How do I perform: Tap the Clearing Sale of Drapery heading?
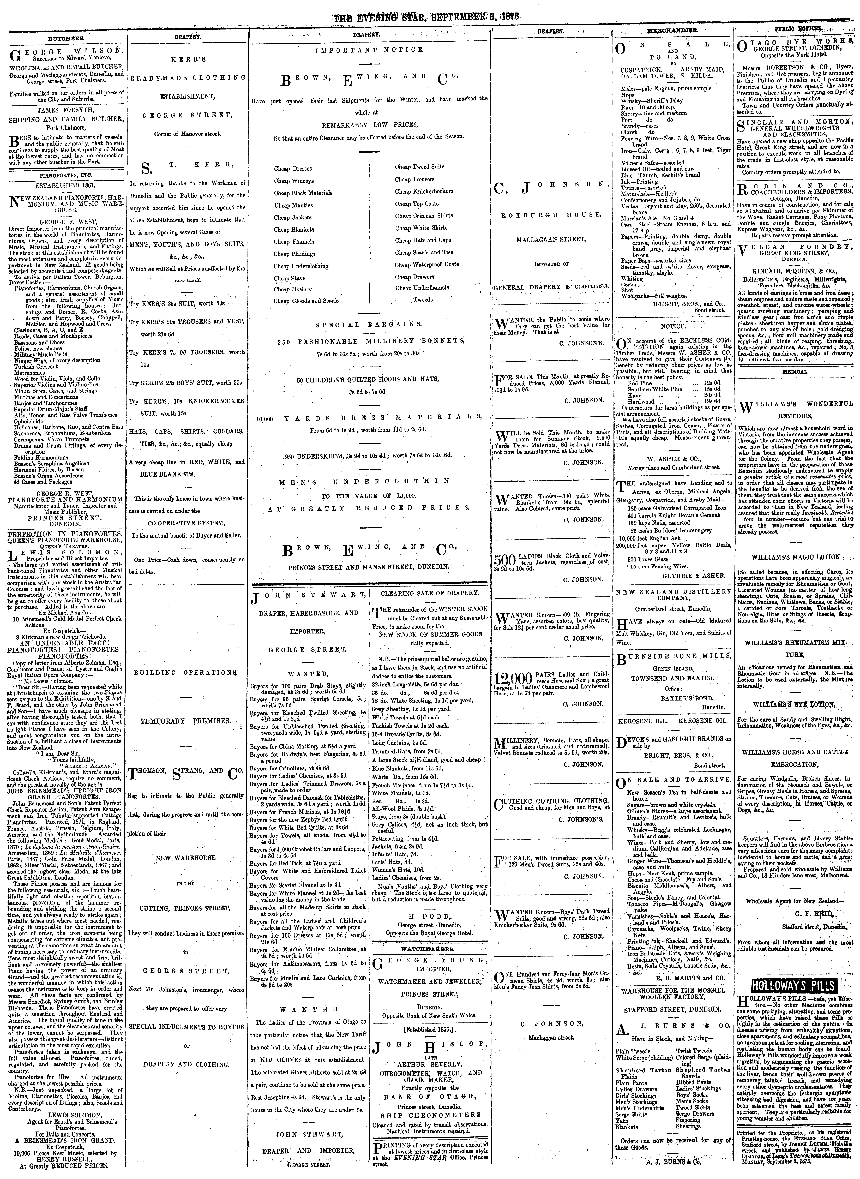click(430, 593)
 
